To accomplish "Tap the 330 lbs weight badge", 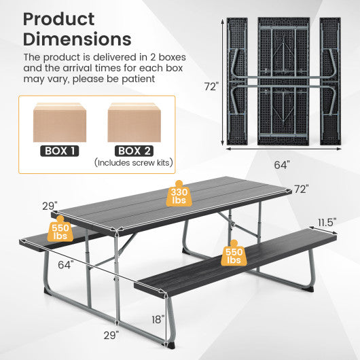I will point(179,196).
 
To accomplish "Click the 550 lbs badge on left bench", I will point(60,232).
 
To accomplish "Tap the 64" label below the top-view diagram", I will point(282,164).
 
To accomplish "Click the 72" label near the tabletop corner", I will point(301,190).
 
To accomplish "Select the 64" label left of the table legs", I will point(65,265).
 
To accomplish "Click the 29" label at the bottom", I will point(112,335).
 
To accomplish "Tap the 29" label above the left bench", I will point(50,204).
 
